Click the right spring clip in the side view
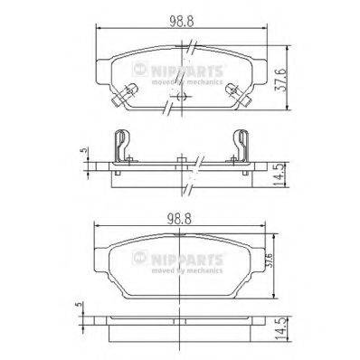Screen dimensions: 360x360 pyautogui.click(x=241, y=147)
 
